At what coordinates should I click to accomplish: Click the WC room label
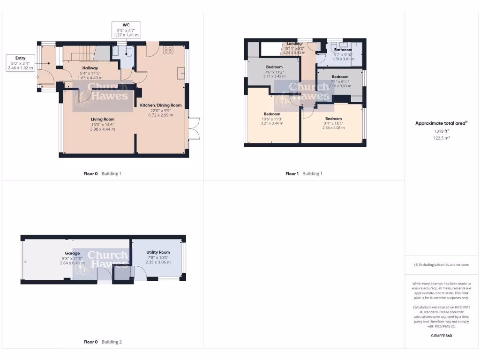(x=126, y=25)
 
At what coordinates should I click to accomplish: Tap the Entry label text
(x=20, y=58)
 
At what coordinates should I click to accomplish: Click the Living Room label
(x=103, y=119)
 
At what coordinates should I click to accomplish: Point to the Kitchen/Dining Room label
(x=161, y=105)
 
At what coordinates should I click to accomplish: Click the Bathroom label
(x=343, y=50)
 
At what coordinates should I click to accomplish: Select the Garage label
(x=72, y=253)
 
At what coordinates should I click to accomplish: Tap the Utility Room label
(x=158, y=252)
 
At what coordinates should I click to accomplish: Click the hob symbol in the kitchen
(x=168, y=49)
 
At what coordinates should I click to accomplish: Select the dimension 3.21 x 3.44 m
(x=272, y=124)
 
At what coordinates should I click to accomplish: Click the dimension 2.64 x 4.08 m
(x=333, y=128)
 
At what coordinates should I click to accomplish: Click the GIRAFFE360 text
(x=441, y=336)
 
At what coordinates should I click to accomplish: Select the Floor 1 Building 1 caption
(x=304, y=173)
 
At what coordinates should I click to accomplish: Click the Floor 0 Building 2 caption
(x=102, y=342)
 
